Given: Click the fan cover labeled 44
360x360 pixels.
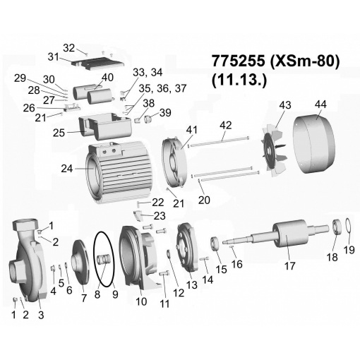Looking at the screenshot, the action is coord(313,144).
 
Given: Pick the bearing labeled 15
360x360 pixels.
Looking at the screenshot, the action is coord(215,244).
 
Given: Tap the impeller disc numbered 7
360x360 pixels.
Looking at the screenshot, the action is coord(80,261).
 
